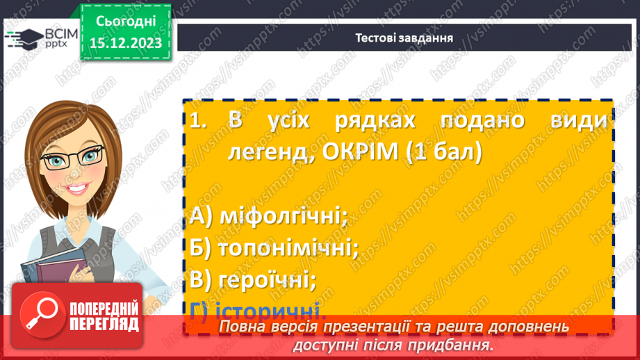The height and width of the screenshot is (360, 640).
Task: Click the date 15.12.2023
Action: coord(125,42)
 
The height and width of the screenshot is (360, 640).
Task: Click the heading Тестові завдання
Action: coord(404,38)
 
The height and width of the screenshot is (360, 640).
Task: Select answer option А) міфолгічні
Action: coord(268,216)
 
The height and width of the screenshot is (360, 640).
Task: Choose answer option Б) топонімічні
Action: coord(273,247)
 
